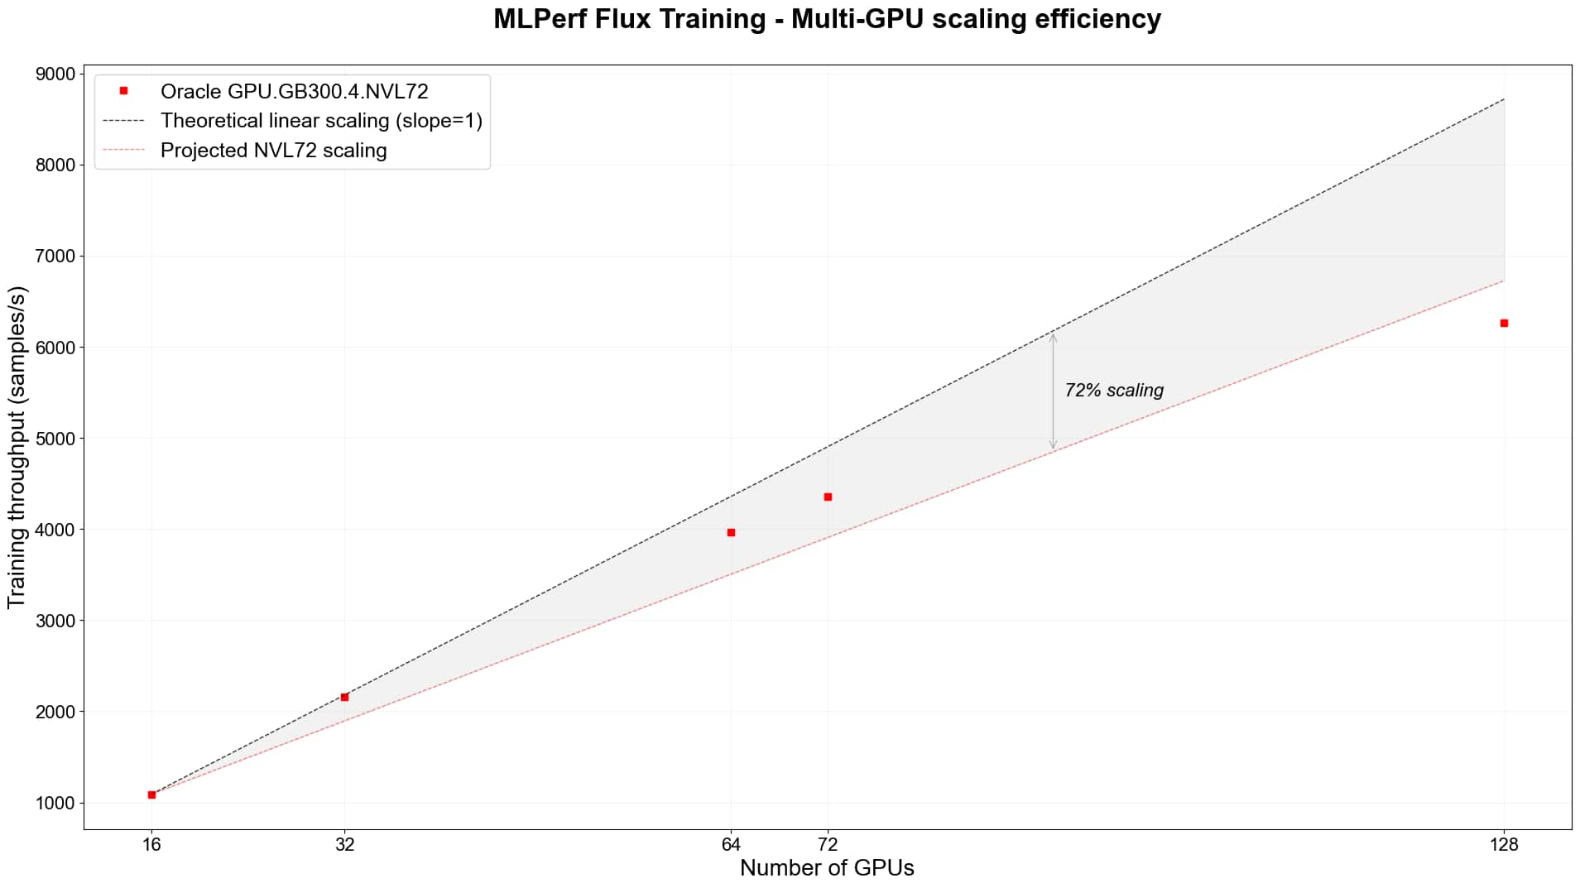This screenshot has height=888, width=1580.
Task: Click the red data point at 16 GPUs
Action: pyautogui.click(x=151, y=794)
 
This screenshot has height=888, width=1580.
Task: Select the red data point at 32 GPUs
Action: pyautogui.click(x=344, y=697)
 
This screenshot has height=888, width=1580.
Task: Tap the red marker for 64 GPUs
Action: pyautogui.click(x=731, y=532)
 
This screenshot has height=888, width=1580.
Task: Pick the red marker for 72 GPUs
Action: pyautogui.click(x=828, y=497)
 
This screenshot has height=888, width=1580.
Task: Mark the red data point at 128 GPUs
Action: pyautogui.click(x=1504, y=323)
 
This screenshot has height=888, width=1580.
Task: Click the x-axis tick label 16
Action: pyautogui.click(x=151, y=844)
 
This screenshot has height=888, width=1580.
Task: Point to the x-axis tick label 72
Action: pyautogui.click(x=828, y=844)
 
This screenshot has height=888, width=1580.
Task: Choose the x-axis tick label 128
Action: pyautogui.click(x=1504, y=844)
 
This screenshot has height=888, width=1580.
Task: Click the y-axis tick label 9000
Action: pyautogui.click(x=55, y=74)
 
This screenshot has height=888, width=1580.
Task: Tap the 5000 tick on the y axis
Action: pyautogui.click(x=55, y=439)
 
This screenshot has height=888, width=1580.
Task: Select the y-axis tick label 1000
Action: pyautogui.click(x=55, y=803)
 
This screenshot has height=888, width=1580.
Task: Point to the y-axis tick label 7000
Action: pyautogui.click(x=55, y=257)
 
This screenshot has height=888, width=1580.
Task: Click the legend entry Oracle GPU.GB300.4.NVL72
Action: pyautogui.click(x=294, y=91)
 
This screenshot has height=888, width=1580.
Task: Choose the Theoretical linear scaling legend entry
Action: pyautogui.click(x=320, y=121)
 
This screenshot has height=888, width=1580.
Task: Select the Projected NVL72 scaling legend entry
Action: pyautogui.click(x=273, y=151)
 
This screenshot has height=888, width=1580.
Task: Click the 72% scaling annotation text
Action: pyautogui.click(x=1114, y=390)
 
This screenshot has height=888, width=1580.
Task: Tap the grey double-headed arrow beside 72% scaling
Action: pyautogui.click(x=1053, y=391)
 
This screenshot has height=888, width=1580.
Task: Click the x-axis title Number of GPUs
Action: pyautogui.click(x=827, y=868)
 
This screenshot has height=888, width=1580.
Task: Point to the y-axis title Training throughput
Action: pyautogui.click(x=17, y=447)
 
